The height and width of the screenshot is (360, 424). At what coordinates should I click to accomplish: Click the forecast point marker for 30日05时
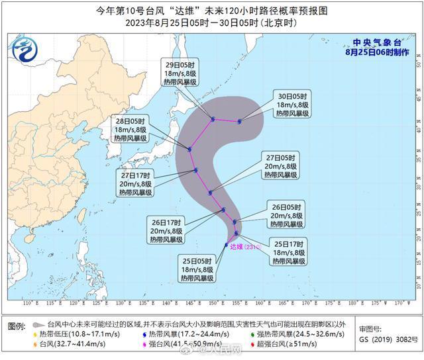tap(240, 121)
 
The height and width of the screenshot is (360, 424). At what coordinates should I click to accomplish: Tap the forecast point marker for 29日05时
tap(213, 120)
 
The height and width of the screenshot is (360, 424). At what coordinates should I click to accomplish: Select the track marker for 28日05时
tap(190, 149)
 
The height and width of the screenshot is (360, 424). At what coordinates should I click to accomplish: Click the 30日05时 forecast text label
tap(291, 104)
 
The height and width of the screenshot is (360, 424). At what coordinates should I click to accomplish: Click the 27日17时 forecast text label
tap(136, 183)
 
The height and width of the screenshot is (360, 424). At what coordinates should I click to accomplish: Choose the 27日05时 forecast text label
tap(283, 165)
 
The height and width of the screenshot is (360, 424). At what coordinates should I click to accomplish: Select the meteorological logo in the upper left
tap(23, 49)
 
